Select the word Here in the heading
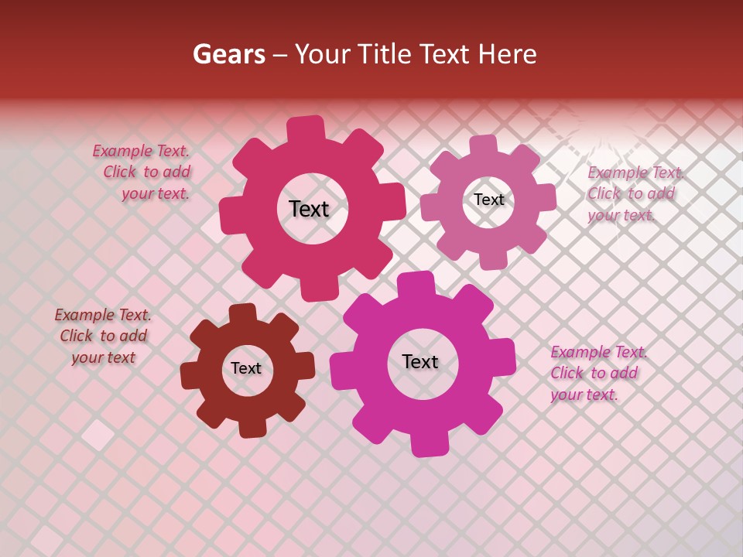tap(507, 53)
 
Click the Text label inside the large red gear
tap(309, 209)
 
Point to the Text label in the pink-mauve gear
tap(489, 200)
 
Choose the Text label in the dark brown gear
tap(246, 368)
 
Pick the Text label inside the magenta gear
tap(420, 361)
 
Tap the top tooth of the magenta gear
tap(416, 285)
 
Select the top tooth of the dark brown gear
tap(243, 314)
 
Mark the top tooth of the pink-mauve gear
tap(484, 145)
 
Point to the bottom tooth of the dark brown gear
tap(252, 428)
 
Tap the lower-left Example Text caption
tap(103, 336)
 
